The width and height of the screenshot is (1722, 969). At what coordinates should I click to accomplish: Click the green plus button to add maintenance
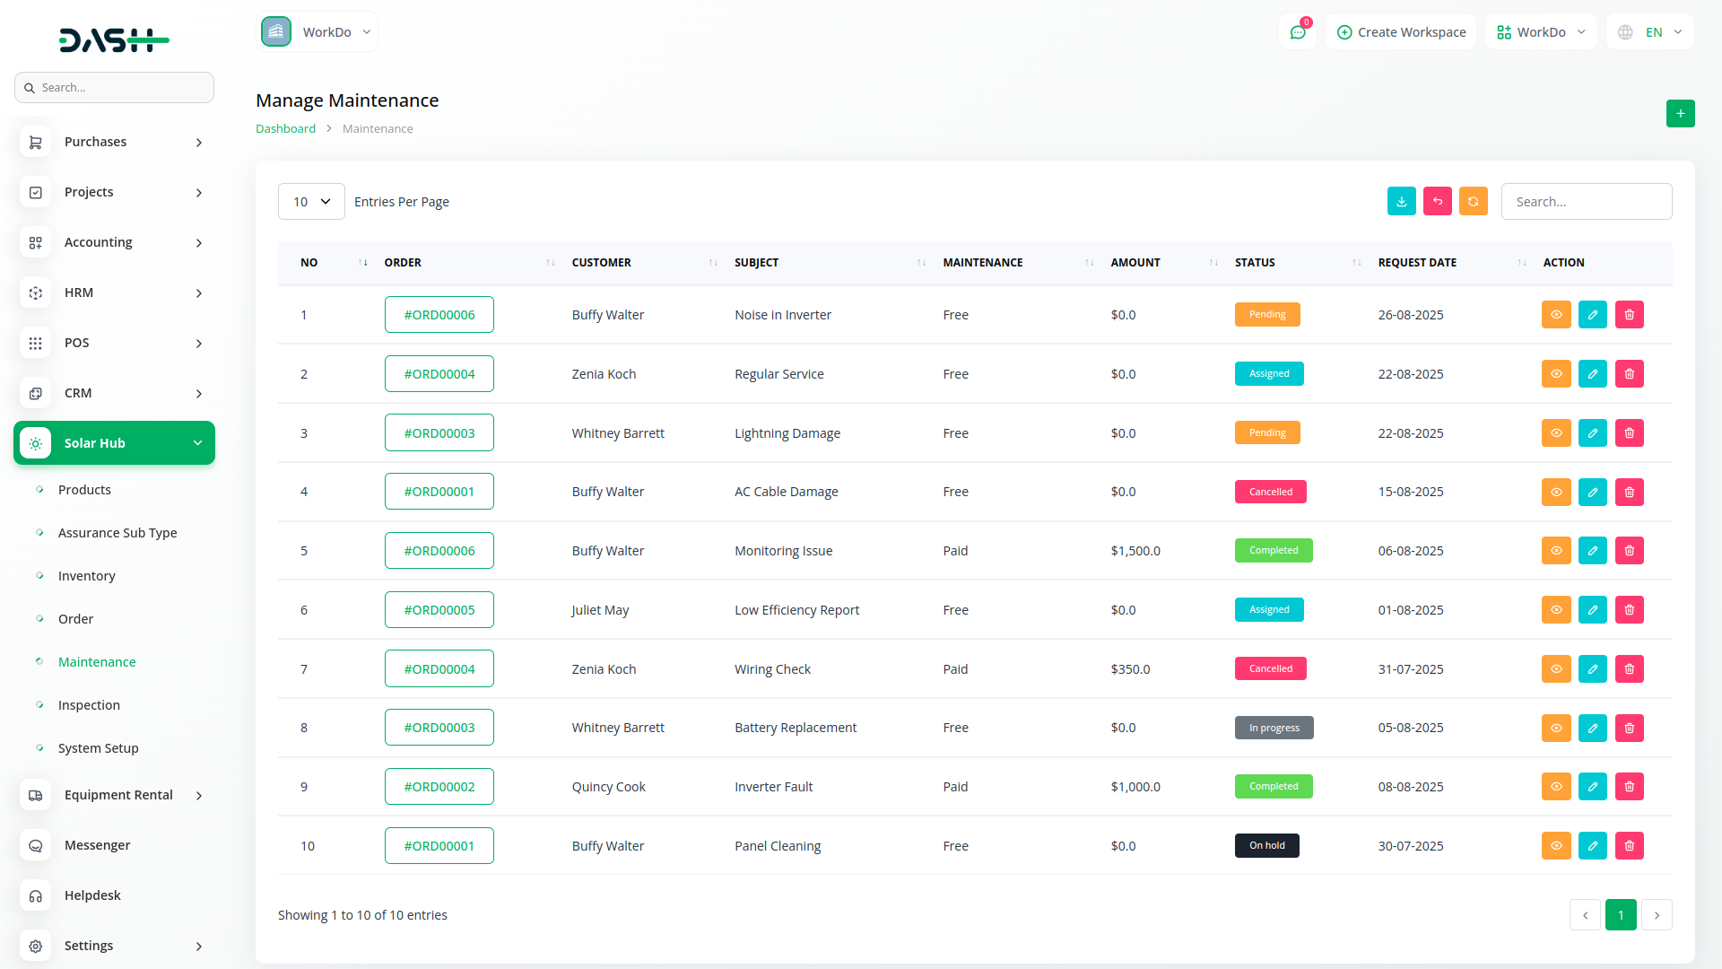pyautogui.click(x=1680, y=114)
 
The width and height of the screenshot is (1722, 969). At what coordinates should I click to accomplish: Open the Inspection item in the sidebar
pyautogui.click(x=89, y=705)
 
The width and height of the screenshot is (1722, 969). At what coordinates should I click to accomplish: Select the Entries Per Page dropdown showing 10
pyautogui.click(x=311, y=202)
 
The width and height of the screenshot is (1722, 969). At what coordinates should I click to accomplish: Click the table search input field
pyautogui.click(x=1586, y=202)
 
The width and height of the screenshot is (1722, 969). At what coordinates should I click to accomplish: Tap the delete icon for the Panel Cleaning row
pyautogui.click(x=1629, y=846)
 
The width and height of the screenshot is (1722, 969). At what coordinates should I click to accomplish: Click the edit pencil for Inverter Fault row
pyautogui.click(x=1592, y=787)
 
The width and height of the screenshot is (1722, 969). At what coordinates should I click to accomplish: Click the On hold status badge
pyautogui.click(x=1266, y=846)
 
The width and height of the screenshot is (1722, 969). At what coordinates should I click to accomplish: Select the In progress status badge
pyautogui.click(x=1274, y=728)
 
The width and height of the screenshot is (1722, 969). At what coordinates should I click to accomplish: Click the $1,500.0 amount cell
pyautogui.click(x=1135, y=551)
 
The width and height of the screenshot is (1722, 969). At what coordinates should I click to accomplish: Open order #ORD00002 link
pyautogui.click(x=439, y=787)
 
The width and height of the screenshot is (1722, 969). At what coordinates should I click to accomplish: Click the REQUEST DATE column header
pyautogui.click(x=1417, y=263)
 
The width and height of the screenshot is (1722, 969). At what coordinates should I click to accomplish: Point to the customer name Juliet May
pyautogui.click(x=600, y=610)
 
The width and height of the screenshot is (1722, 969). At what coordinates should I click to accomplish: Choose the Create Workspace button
pyautogui.click(x=1401, y=32)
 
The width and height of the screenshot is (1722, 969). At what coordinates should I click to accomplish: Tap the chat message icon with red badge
pyautogui.click(x=1298, y=32)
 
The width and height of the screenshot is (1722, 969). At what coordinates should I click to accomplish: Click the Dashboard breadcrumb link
pyautogui.click(x=285, y=129)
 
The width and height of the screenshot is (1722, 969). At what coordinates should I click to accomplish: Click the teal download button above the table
pyautogui.click(x=1401, y=202)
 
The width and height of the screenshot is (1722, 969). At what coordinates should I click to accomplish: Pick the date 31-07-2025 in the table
pyautogui.click(x=1410, y=669)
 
